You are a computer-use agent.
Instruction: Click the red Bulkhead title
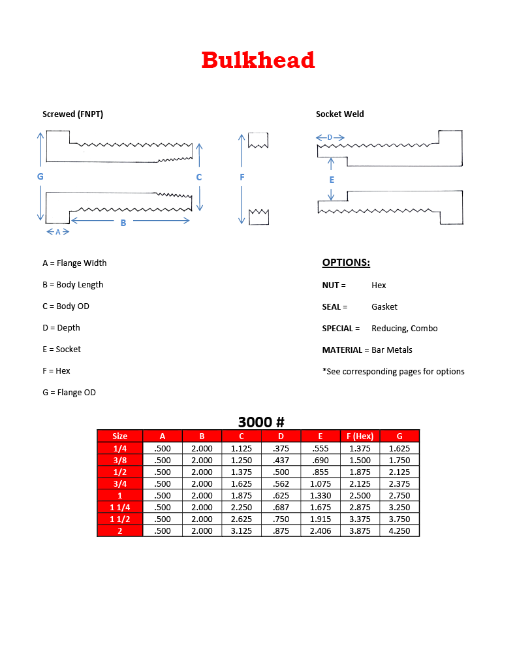click(x=258, y=60)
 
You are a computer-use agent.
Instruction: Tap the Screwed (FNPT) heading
click(x=72, y=114)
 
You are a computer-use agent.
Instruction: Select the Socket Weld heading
click(x=339, y=114)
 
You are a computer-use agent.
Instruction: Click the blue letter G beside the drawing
click(x=40, y=176)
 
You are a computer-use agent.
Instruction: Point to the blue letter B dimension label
click(x=123, y=223)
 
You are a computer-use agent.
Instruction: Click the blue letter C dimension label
click(x=199, y=177)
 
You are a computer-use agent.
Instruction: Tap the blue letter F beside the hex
click(x=242, y=177)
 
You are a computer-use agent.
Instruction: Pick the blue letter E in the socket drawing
click(x=332, y=180)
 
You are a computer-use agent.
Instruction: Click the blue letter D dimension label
click(x=330, y=137)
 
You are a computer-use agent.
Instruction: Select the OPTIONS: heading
click(x=346, y=263)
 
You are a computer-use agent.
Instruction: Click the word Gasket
click(x=384, y=306)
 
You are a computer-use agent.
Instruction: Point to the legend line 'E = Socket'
click(x=61, y=350)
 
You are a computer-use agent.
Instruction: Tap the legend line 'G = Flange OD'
click(x=69, y=393)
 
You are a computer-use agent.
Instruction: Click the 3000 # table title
click(x=261, y=422)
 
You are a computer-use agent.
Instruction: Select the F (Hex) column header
click(x=360, y=436)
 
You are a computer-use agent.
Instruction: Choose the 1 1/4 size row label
click(x=120, y=507)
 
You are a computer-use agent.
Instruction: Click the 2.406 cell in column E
click(x=320, y=531)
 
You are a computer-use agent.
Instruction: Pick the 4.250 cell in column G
click(x=399, y=531)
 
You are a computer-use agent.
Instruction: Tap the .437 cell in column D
click(x=281, y=460)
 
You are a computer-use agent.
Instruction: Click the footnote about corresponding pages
click(x=393, y=371)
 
